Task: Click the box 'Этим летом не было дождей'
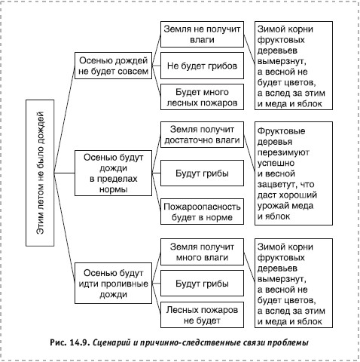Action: tap(40, 173)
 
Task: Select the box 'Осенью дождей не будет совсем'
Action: tap(113, 66)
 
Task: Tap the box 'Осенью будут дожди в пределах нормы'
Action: tap(113, 173)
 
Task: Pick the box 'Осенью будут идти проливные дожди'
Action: tap(113, 284)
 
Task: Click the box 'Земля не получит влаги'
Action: tap(202, 34)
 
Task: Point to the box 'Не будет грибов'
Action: tap(202, 66)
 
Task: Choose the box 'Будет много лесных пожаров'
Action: tap(202, 97)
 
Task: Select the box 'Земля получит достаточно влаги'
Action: tap(202, 134)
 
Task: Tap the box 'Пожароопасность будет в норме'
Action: tap(202, 212)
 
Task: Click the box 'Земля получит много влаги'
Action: tap(202, 252)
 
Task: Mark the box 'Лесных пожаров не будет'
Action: tap(202, 314)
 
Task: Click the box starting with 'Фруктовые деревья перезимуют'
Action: tap(294, 173)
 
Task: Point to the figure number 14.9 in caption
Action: tap(78, 342)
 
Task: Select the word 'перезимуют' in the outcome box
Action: tap(283, 152)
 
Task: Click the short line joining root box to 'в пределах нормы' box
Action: tap(65, 173)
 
